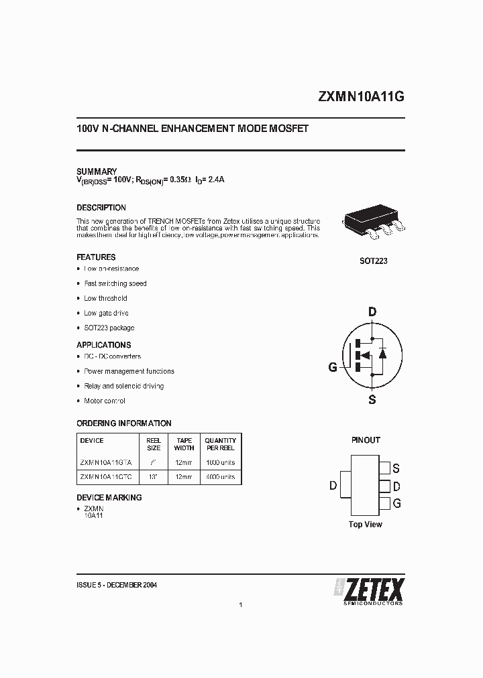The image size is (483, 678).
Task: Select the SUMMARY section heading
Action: click(x=97, y=172)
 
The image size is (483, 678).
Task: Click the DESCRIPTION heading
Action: click(x=101, y=208)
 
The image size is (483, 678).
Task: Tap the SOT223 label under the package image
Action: click(x=373, y=261)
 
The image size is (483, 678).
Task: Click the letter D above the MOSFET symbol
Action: click(x=372, y=311)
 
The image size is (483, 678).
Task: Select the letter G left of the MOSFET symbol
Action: click(x=333, y=367)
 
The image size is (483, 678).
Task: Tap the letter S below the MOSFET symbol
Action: click(x=372, y=400)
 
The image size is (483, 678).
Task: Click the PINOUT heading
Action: click(x=366, y=440)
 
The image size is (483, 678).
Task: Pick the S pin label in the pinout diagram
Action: click(x=396, y=468)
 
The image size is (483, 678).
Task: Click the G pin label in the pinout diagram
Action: click(x=396, y=503)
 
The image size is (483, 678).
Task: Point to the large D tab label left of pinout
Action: click(x=333, y=486)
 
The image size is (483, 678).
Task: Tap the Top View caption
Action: click(x=366, y=525)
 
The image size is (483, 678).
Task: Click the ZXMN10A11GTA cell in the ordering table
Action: click(x=106, y=463)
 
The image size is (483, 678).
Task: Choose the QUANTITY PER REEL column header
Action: click(x=220, y=444)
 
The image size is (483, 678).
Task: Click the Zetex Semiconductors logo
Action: click(x=369, y=590)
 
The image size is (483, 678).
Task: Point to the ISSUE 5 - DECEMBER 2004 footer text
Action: click(x=117, y=585)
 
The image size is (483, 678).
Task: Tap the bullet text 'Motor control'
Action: click(x=105, y=401)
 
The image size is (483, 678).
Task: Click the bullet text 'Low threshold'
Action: click(x=105, y=298)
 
